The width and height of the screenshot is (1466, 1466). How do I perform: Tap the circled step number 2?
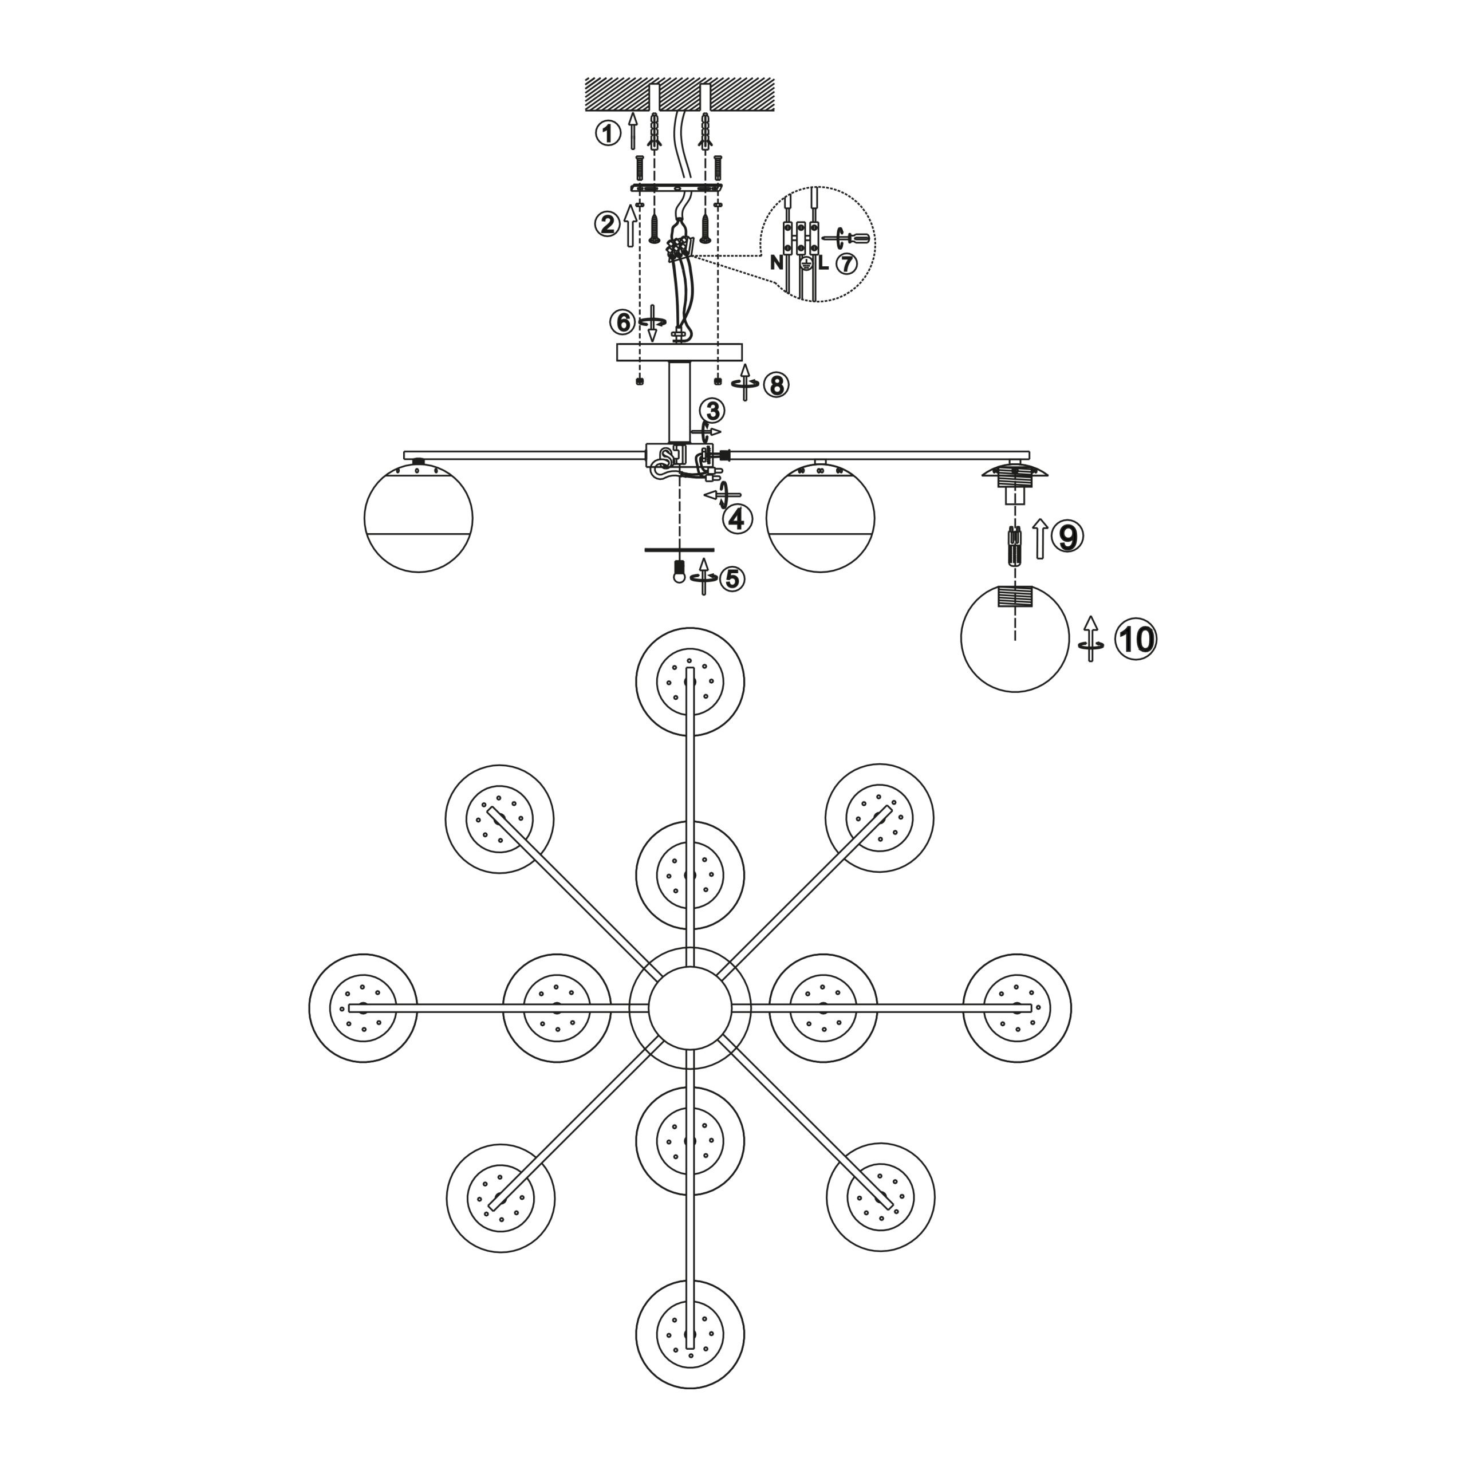(x=607, y=224)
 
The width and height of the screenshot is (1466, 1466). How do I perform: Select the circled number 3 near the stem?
(x=712, y=411)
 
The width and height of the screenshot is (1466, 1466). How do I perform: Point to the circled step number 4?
(x=738, y=519)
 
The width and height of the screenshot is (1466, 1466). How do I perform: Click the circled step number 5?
(x=731, y=579)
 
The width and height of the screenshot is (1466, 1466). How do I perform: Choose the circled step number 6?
(x=622, y=322)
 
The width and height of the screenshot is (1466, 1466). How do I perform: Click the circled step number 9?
(x=1067, y=537)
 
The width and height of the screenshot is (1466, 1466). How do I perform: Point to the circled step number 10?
(x=1135, y=640)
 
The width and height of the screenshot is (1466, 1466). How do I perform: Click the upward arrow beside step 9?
(x=1041, y=539)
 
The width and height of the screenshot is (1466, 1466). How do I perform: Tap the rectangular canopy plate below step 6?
(x=679, y=352)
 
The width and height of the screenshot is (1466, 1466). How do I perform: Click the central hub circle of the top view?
(x=689, y=1008)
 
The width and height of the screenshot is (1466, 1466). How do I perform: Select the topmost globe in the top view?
(x=689, y=682)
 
